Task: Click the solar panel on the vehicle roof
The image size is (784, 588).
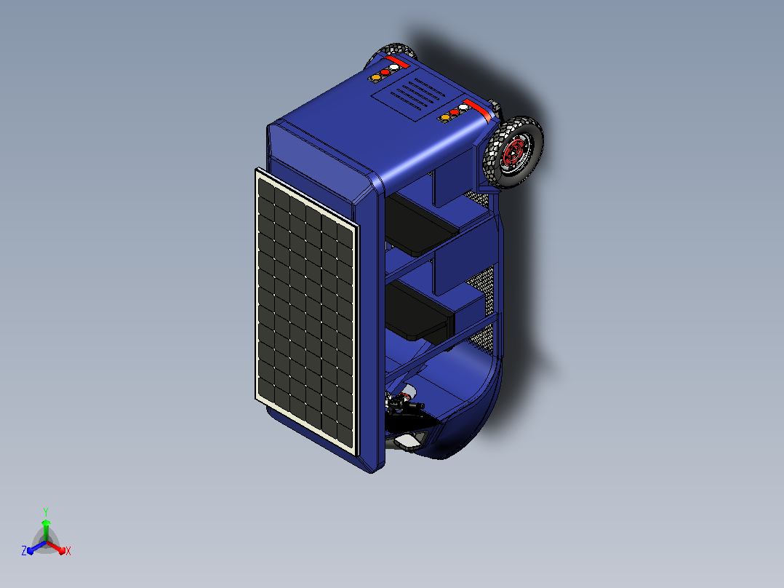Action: click(307, 311)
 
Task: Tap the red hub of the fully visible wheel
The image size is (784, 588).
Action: click(513, 153)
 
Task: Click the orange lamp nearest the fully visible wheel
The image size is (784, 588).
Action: click(444, 118)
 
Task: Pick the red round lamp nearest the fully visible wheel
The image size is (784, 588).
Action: click(454, 113)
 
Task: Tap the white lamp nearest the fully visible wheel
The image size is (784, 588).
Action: click(463, 108)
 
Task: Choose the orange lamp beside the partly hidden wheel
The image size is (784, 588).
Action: click(375, 78)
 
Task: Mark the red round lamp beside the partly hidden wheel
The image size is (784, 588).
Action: click(385, 72)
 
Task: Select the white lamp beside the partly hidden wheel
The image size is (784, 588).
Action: click(394, 67)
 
